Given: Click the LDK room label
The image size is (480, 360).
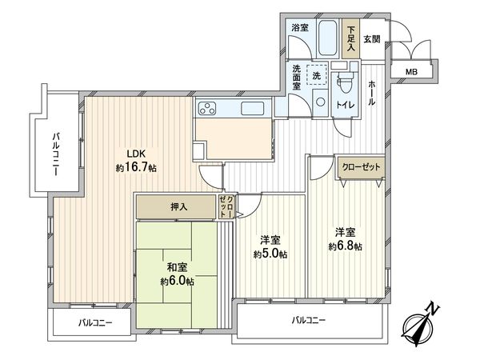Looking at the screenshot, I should (x=133, y=154).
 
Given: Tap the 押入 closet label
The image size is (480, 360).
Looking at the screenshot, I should (x=178, y=207).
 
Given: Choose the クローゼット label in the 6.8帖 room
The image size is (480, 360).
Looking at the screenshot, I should (x=360, y=167).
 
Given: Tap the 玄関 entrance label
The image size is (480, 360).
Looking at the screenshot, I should (x=371, y=38).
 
